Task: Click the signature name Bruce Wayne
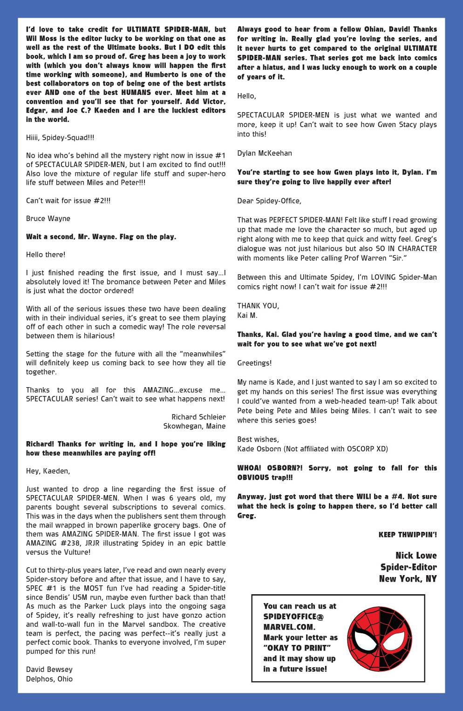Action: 48,219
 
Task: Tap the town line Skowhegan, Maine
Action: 194,426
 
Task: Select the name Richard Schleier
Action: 198,417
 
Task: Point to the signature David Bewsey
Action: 49,670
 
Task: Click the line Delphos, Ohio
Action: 49,679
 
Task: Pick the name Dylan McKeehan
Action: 265,153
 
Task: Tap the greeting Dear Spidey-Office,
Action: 269,201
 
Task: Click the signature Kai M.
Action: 247,315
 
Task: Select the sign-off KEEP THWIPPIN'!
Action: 408,535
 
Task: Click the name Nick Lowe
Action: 416,556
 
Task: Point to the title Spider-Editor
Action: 409,567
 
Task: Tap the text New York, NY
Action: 408,579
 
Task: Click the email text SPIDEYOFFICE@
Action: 293,617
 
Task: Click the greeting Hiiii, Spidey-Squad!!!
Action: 60,138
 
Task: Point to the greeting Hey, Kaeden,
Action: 48,471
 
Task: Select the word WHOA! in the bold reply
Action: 249,468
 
